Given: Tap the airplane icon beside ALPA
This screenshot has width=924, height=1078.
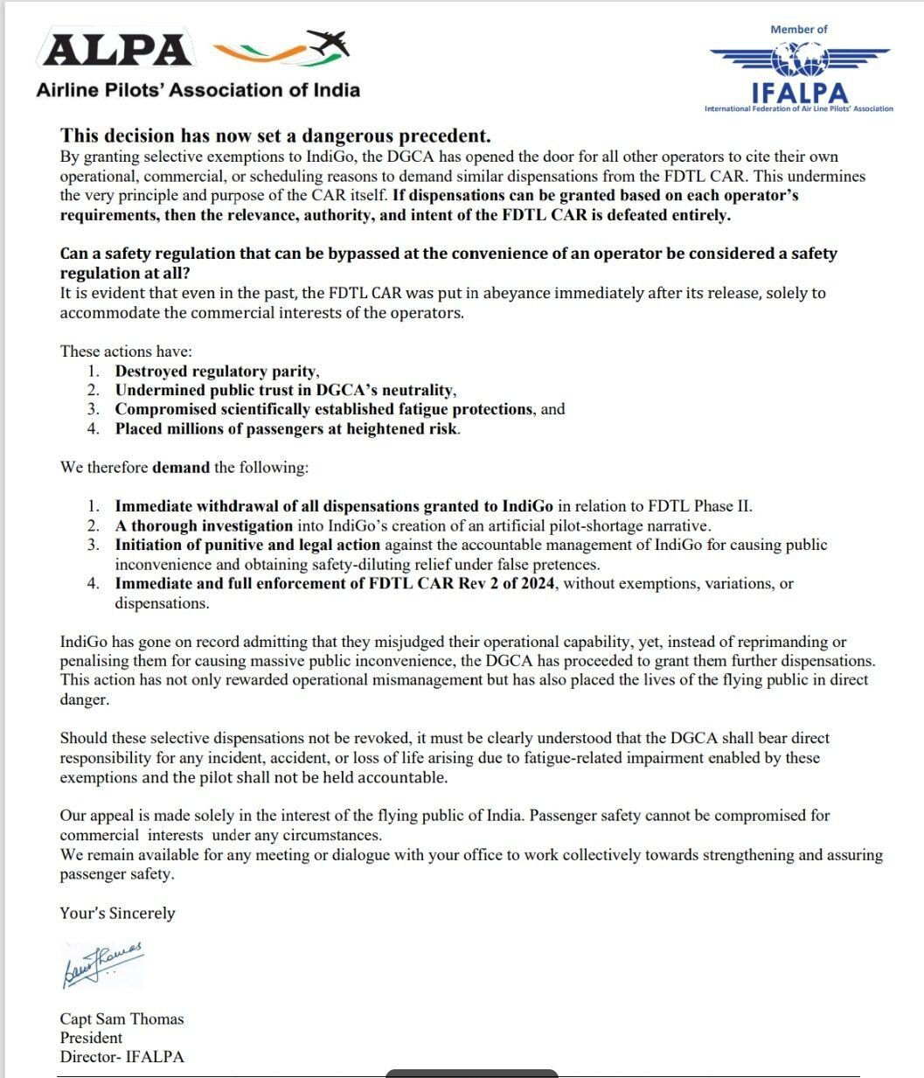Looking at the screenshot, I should pyautogui.click(x=326, y=44).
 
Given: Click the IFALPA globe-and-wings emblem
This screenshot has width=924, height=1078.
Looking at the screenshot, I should pyautogui.click(x=798, y=59).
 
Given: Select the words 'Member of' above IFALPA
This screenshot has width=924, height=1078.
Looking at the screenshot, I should pyautogui.click(x=798, y=29).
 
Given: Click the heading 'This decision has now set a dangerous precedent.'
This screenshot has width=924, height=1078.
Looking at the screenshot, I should pyautogui.click(x=275, y=136).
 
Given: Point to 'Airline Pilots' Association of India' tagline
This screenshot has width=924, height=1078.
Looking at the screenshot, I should pyautogui.click(x=198, y=89).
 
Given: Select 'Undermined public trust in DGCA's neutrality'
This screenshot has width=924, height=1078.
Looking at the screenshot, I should pyautogui.click(x=285, y=390).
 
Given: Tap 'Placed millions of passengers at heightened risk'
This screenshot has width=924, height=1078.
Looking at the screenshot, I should pyautogui.click(x=287, y=428).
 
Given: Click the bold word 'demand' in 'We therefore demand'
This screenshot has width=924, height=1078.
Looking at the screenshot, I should pyautogui.click(x=181, y=467).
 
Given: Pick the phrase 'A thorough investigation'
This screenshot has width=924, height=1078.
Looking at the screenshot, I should pyautogui.click(x=204, y=525).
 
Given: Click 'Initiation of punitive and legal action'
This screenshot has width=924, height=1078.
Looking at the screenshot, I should pyautogui.click(x=247, y=545).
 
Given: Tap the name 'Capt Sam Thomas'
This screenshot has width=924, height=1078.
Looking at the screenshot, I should pyautogui.click(x=122, y=1019).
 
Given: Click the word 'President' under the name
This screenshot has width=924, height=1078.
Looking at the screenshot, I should pyautogui.click(x=91, y=1038).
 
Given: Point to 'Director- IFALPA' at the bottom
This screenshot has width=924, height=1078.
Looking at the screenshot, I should pyautogui.click(x=122, y=1057).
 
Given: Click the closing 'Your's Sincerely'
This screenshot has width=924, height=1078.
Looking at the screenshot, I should pyautogui.click(x=117, y=913).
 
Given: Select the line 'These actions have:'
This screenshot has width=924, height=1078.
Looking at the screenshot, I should pyautogui.click(x=125, y=351).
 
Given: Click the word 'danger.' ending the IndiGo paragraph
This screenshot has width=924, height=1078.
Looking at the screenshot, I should pyautogui.click(x=85, y=699).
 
